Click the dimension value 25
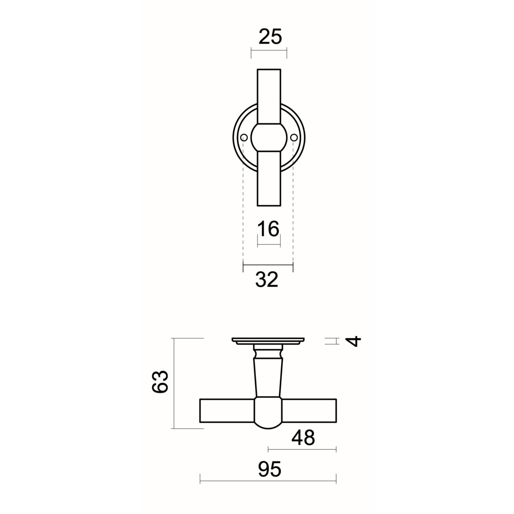[270, 37]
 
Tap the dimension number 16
[268, 229]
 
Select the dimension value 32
[267, 279]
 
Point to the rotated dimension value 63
[160, 381]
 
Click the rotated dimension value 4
[353, 341]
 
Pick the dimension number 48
[303, 437]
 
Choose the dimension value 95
[270, 469]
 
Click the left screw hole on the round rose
[244, 138]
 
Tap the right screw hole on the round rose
[294, 138]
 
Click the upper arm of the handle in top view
[269, 95]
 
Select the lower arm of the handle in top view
[269, 178]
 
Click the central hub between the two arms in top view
[269, 138]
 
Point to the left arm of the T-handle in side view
[227, 411]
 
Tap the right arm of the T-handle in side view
[309, 411]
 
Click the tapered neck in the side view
[268, 377]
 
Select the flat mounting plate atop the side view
[268, 340]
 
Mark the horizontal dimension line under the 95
[268, 481]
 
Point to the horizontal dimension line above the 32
[268, 265]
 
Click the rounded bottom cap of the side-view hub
[268, 425]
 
